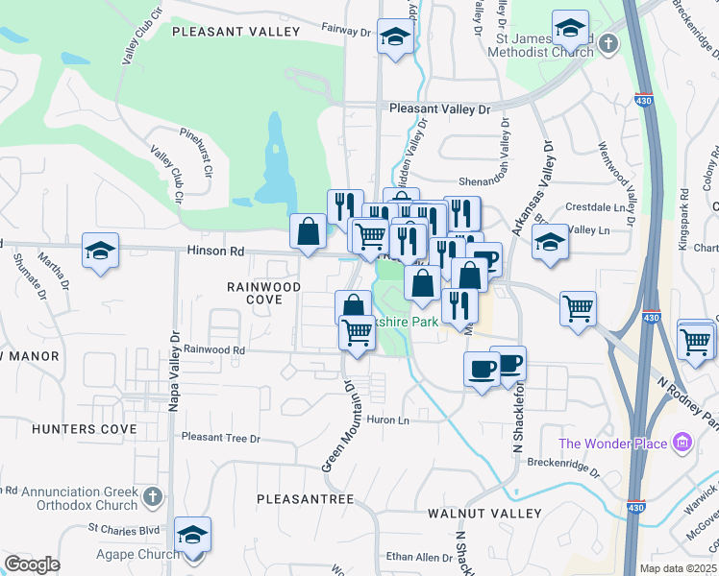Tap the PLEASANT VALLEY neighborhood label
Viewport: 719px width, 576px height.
pyautogui.click(x=236, y=32)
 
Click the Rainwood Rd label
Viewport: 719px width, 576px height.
pyautogui.click(x=214, y=350)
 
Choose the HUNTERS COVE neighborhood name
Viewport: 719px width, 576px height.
pyautogui.click(x=85, y=429)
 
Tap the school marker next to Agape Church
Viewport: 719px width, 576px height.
pyautogui.click(x=193, y=535)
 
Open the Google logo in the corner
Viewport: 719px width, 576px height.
pyautogui.click(x=32, y=564)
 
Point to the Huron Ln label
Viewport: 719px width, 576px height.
pyautogui.click(x=390, y=420)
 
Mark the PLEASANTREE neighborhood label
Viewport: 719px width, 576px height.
pyautogui.click(x=306, y=499)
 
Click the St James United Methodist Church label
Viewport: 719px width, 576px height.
pyautogui.click(x=545, y=45)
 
